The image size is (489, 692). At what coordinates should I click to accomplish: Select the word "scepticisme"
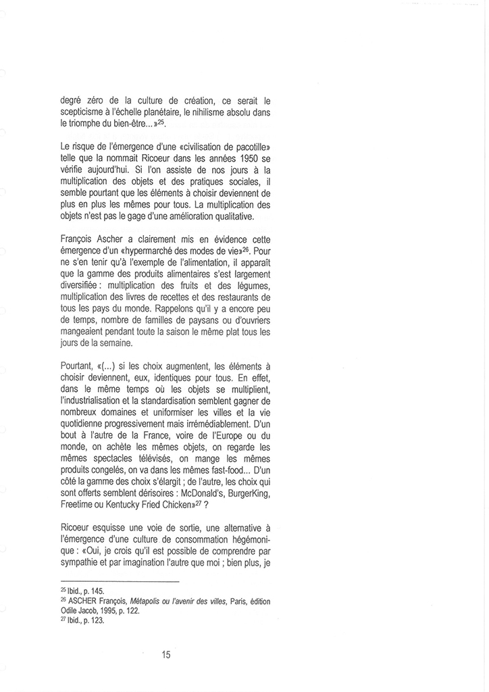83,113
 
